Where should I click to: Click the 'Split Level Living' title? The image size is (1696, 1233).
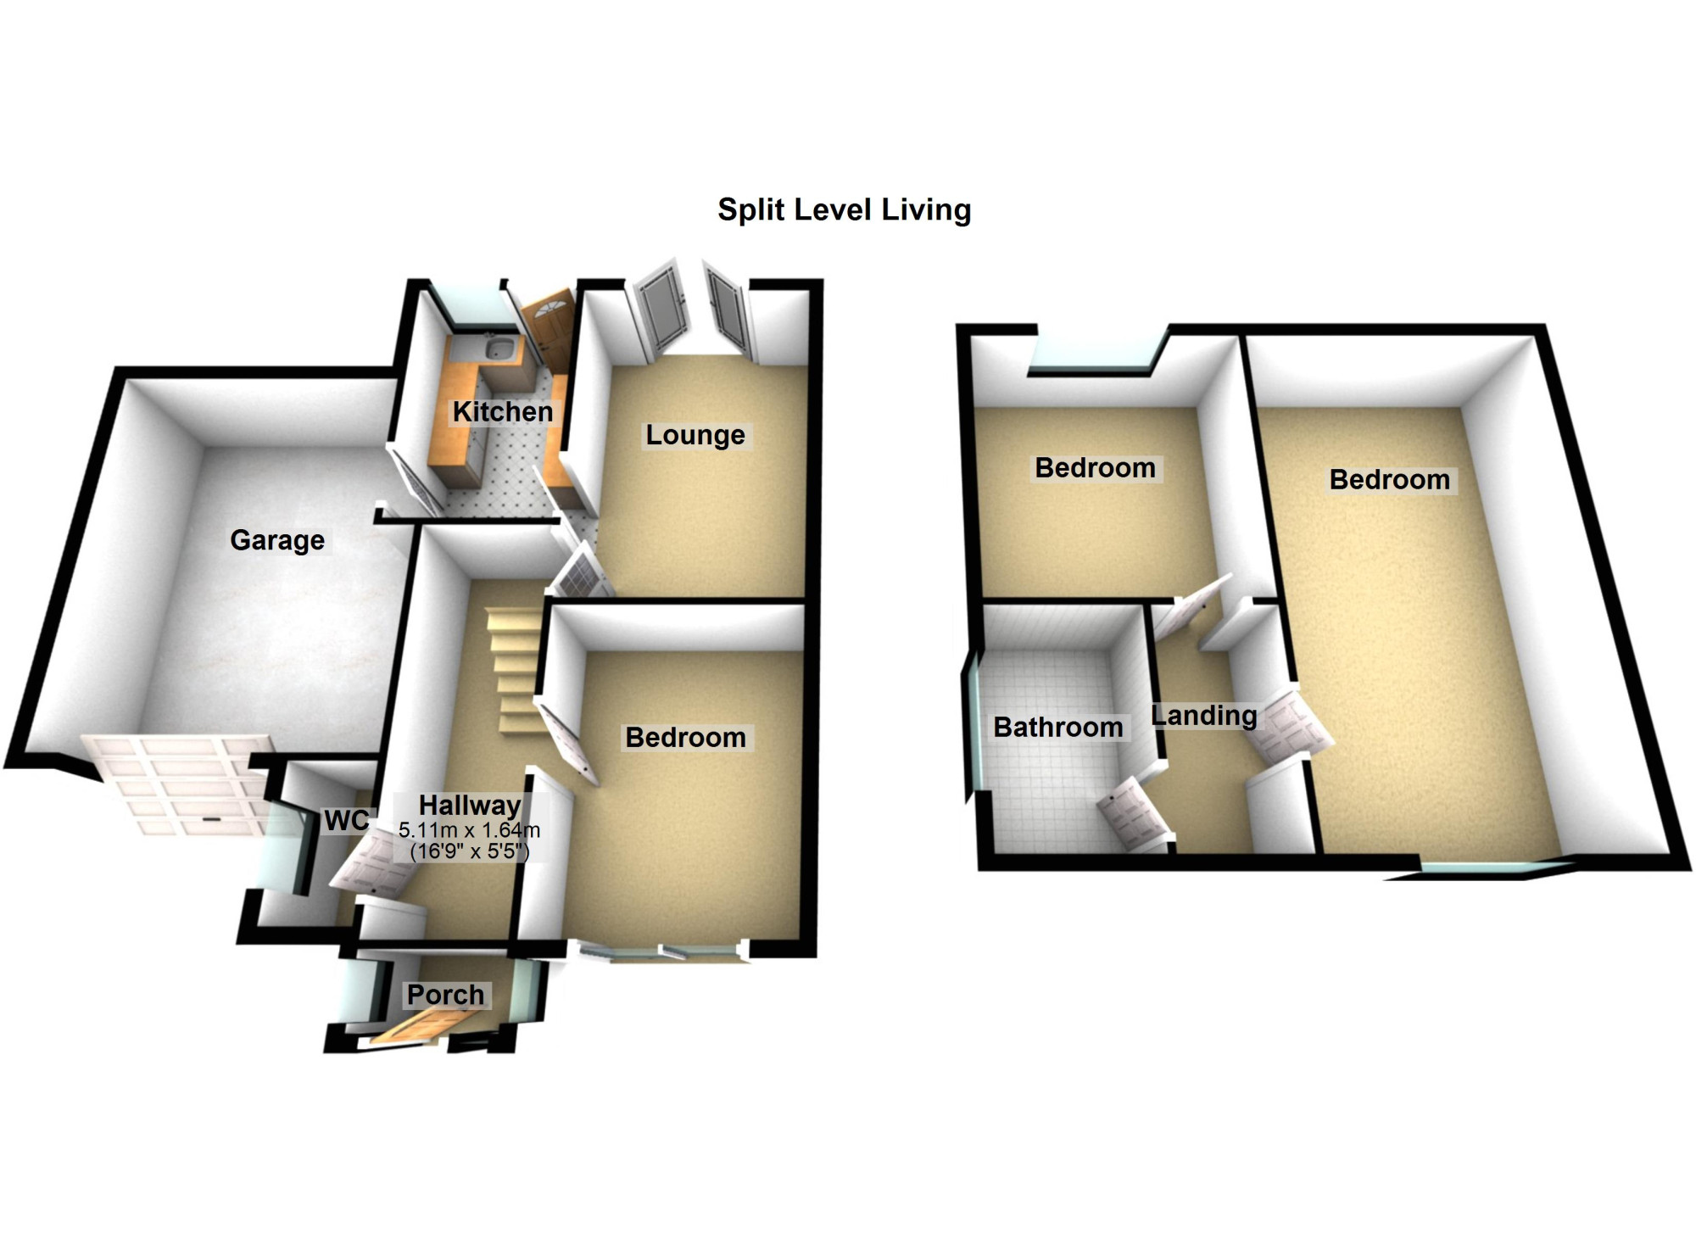(844, 210)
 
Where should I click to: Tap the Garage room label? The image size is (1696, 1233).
(277, 540)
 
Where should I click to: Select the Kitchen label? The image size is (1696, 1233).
(502, 411)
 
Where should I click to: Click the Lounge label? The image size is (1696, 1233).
(695, 435)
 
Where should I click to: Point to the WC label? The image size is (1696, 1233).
(347, 820)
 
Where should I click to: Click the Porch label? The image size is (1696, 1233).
(445, 994)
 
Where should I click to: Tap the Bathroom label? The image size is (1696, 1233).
(1058, 727)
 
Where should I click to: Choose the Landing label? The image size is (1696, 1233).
(1204, 716)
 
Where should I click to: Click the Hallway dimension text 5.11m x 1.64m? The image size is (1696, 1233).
(469, 830)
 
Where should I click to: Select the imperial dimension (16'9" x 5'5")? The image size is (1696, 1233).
(469, 851)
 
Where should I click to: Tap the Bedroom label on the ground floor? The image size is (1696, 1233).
(685, 738)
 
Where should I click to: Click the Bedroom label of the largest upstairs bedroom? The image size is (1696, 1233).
(1390, 480)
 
